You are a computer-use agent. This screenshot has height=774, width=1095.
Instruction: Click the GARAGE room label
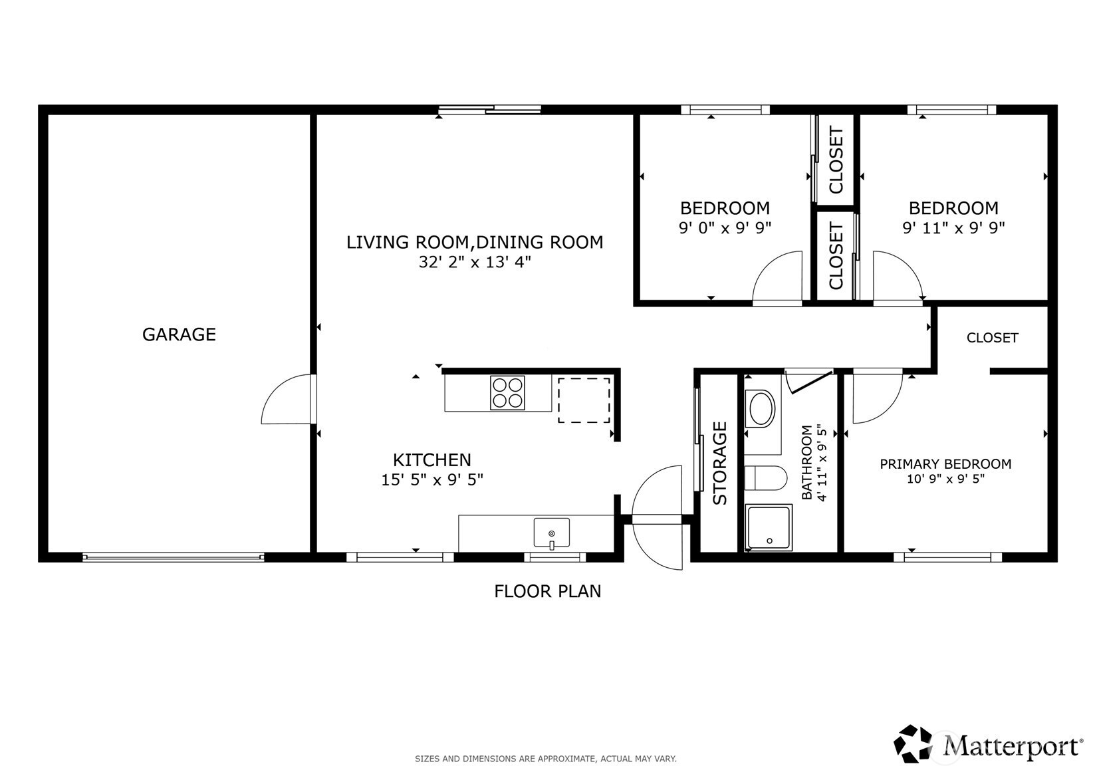point(179,334)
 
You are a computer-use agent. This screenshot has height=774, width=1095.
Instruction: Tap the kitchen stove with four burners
point(507,392)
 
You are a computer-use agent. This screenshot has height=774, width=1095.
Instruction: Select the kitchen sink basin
point(551,533)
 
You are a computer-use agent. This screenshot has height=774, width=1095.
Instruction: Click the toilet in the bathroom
point(765,477)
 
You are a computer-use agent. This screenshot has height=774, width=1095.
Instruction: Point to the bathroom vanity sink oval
point(762,408)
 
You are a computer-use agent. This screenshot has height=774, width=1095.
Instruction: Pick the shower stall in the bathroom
point(769,528)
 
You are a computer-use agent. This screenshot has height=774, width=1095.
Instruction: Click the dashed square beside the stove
point(584,400)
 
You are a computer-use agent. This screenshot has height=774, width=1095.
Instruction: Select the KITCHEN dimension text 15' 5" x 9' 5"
point(432,480)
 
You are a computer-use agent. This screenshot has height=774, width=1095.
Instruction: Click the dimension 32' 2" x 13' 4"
point(475,263)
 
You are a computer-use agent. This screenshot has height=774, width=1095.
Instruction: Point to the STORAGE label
point(720,463)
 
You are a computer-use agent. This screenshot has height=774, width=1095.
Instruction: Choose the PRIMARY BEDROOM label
point(945,463)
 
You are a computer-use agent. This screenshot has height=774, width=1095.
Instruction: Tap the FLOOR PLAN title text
point(548,591)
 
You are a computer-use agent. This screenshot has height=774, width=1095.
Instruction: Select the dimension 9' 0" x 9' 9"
point(725,228)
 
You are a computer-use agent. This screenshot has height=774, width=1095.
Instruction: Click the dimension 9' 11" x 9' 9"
point(953,228)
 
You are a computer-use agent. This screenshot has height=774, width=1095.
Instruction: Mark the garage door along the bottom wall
point(173,557)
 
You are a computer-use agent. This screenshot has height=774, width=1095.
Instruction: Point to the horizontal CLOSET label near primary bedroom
point(993,338)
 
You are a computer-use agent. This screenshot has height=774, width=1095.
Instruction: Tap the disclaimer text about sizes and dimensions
point(546,759)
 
